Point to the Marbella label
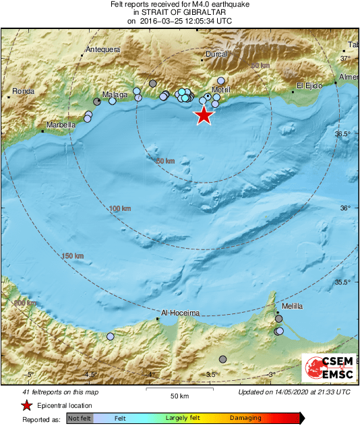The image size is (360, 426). [61, 125]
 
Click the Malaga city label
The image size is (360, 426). [115, 95]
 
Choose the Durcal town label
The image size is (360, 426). [216, 53]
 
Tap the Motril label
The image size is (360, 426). [221, 90]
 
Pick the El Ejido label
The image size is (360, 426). [310, 85]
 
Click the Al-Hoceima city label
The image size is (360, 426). [181, 313]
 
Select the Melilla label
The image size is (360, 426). [292, 306]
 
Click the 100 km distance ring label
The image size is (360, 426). [119, 209]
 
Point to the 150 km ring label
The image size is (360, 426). [72, 256]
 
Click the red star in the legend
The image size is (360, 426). [26, 405]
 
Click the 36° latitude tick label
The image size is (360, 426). [345, 208]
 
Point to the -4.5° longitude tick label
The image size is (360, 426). [90, 375]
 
